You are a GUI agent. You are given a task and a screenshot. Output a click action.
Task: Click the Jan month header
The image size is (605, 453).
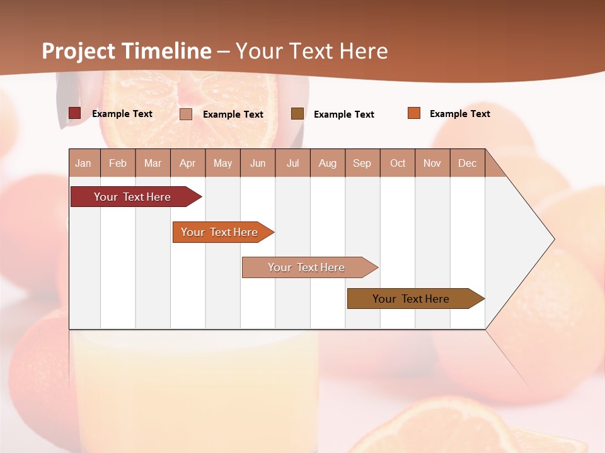click(x=83, y=163)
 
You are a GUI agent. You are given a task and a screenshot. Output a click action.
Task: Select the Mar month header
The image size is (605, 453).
click(x=153, y=163)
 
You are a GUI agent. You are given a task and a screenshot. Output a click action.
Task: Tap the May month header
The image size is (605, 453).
click(x=222, y=163)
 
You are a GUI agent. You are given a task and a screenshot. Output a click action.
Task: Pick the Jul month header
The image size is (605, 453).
click(x=292, y=163)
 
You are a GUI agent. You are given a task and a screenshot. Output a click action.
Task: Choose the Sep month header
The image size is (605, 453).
click(x=362, y=163)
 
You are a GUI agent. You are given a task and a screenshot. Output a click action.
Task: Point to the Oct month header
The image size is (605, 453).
click(x=398, y=163)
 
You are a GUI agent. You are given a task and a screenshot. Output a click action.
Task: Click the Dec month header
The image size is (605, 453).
click(x=467, y=163)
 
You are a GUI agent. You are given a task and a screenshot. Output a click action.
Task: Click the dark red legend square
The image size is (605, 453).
click(x=74, y=113)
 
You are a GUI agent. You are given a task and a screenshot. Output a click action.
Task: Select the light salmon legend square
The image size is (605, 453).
click(x=186, y=114)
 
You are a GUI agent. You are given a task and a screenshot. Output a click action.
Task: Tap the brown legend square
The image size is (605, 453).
click(x=297, y=114)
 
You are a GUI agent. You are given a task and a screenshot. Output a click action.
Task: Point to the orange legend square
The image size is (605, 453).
click(x=414, y=113)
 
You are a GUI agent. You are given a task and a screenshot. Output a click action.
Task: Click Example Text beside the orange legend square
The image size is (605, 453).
click(x=459, y=113)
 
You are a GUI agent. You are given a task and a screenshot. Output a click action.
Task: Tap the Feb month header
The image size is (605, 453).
click(x=118, y=163)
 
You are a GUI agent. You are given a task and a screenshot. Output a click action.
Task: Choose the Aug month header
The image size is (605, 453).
click(x=327, y=163)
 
